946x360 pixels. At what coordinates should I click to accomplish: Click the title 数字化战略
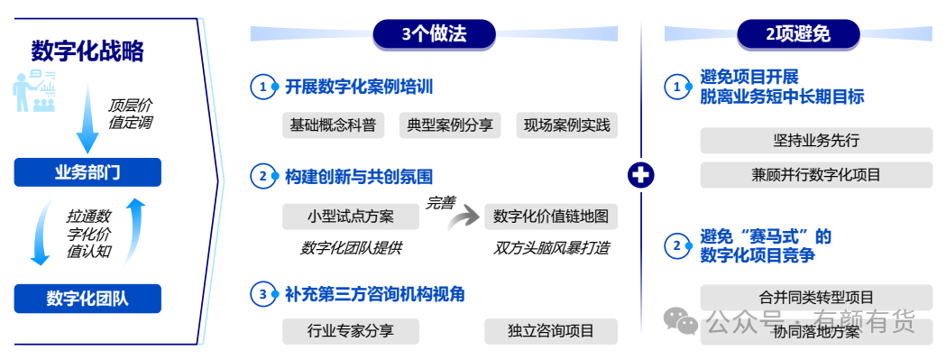click(x=87, y=52)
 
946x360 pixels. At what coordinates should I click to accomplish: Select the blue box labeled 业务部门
click(x=87, y=172)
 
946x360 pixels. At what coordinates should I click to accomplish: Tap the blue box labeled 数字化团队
click(x=87, y=299)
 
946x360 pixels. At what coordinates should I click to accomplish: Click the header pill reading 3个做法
click(x=434, y=34)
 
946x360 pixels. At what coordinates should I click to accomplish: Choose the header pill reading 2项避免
click(x=798, y=34)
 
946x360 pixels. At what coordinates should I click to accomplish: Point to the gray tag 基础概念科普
click(x=333, y=125)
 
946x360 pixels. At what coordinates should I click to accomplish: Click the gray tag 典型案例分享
click(x=450, y=125)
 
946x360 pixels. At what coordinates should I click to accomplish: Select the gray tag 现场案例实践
click(x=567, y=125)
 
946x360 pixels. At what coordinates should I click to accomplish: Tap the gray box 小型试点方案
click(x=351, y=217)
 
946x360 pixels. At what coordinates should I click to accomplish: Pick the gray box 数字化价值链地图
click(x=551, y=217)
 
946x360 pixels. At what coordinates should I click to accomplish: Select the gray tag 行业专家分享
click(x=351, y=331)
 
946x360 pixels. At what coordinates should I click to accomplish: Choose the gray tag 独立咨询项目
click(x=551, y=331)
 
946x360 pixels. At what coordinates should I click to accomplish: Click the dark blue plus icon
click(x=640, y=176)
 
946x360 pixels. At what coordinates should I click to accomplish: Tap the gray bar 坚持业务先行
click(x=816, y=141)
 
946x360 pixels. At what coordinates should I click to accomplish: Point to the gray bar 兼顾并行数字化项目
click(x=816, y=175)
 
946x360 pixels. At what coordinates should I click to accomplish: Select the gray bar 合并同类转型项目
click(x=816, y=297)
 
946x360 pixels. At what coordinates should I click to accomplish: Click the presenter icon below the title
click(x=34, y=90)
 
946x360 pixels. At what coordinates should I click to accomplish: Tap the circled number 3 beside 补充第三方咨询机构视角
click(x=262, y=295)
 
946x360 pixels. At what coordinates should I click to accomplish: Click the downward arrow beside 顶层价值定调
click(x=87, y=118)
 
